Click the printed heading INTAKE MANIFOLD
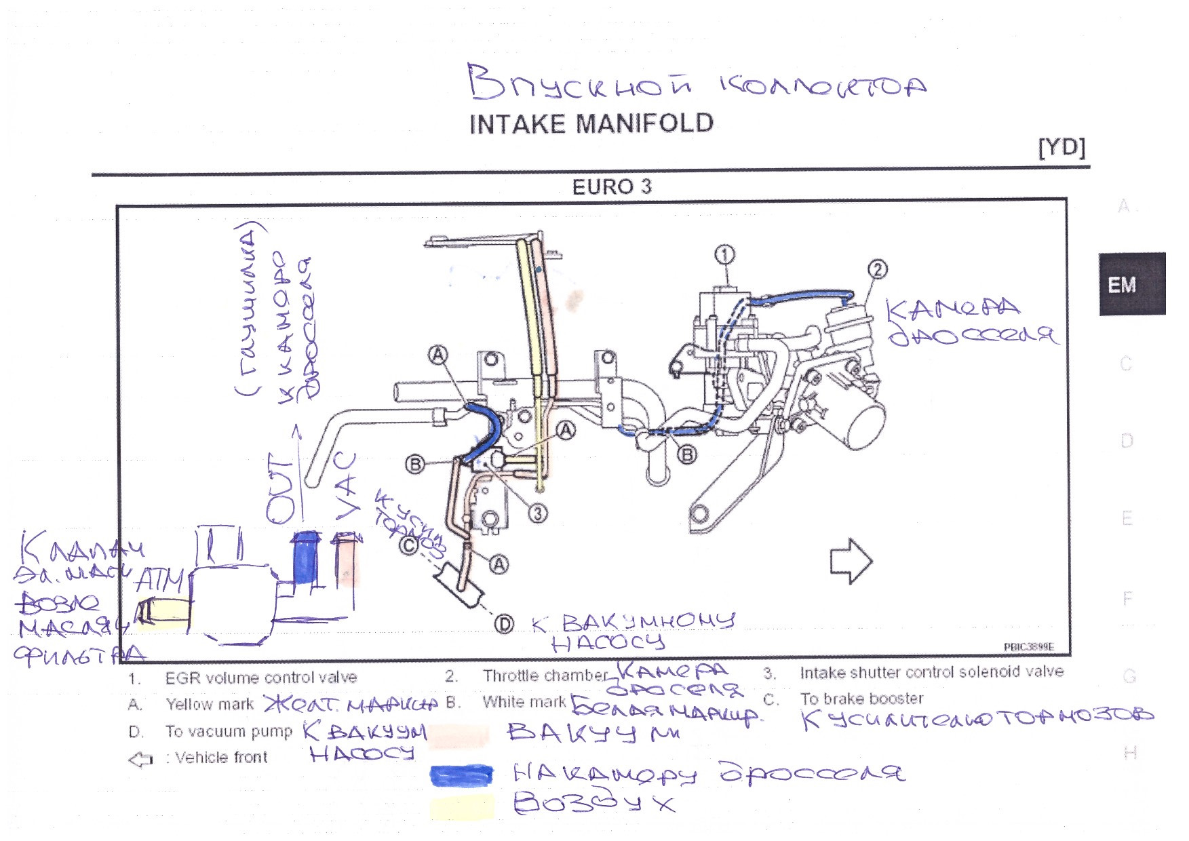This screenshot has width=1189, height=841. tap(591, 123)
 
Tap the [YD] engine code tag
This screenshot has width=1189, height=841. tap(1061, 147)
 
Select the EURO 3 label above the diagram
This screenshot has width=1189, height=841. tap(611, 187)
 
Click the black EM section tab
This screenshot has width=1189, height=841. tap(1131, 284)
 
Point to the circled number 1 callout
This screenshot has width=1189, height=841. tap(725, 255)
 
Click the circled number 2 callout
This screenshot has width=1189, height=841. tap(877, 270)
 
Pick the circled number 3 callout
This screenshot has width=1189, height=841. tap(537, 513)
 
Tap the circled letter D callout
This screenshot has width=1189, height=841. tap(503, 624)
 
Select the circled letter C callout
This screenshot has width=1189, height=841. tap(408, 545)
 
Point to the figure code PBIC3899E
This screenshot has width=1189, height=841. tap(1028, 647)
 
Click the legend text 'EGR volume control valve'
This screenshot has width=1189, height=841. tap(260, 678)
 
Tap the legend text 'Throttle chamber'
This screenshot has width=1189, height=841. tap(545, 676)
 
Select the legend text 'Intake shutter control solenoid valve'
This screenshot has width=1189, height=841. tap(931, 672)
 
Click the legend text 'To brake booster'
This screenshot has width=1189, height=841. tap(861, 699)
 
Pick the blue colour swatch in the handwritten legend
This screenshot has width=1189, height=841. tap(461, 775)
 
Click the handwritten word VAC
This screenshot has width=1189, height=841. tap(346, 486)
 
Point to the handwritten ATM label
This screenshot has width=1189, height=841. tap(159, 581)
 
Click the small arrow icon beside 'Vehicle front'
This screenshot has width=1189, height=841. tap(140, 759)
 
